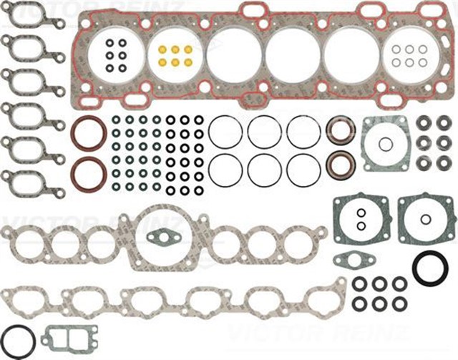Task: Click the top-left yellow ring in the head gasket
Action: point(162,50)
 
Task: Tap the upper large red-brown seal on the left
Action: point(89,133)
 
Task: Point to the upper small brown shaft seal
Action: point(341,131)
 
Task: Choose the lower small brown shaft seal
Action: point(341,165)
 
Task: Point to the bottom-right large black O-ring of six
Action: point(303,170)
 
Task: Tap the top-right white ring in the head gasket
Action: point(423,49)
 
